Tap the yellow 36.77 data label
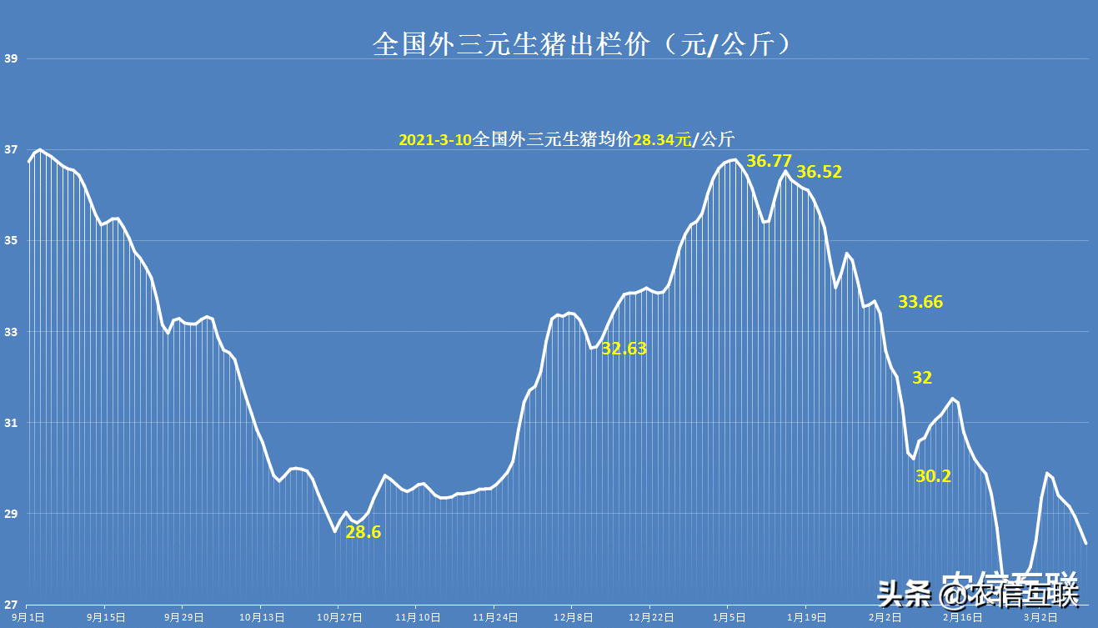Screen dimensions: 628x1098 768,161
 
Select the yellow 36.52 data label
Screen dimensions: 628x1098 819,173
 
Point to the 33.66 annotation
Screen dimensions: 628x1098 920,302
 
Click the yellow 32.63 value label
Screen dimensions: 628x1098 624,349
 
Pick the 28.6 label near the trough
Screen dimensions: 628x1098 363,532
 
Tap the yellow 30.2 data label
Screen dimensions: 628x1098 933,476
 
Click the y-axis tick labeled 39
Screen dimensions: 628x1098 11,59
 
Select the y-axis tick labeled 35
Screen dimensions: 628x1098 11,241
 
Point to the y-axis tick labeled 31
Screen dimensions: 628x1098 11,423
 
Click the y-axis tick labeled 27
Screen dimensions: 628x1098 11,605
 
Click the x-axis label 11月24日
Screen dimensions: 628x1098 496,618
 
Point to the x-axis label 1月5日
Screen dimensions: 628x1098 728,618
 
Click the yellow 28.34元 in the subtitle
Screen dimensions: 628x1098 662,139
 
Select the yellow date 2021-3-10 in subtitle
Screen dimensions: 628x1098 435,139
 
